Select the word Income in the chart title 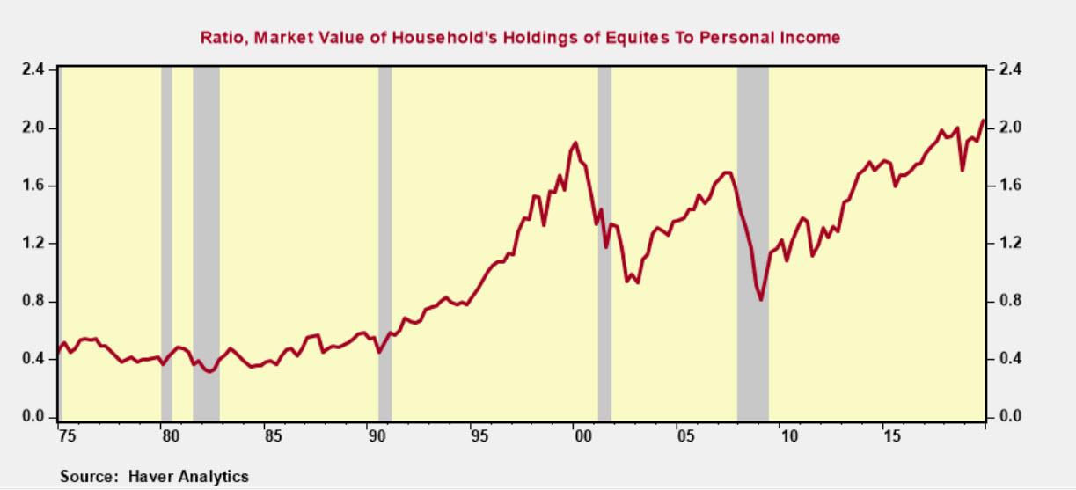[809, 37]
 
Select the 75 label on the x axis [63, 435]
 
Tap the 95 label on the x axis [477, 435]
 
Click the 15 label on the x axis [892, 435]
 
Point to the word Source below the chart [86, 477]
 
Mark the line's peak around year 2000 [575, 143]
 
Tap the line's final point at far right [983, 121]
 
